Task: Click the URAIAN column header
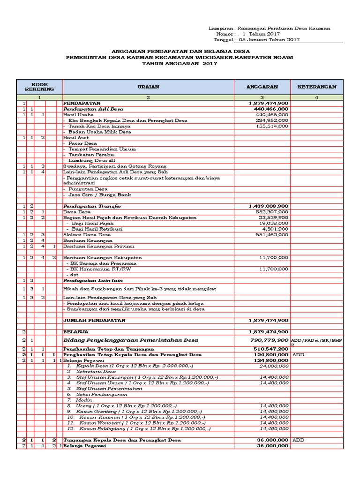(148, 87)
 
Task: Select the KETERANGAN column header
(317, 87)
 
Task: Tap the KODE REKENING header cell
(39, 87)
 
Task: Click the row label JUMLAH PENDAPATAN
(95, 320)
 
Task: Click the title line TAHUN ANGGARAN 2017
(180, 63)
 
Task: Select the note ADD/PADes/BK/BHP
(317, 339)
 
